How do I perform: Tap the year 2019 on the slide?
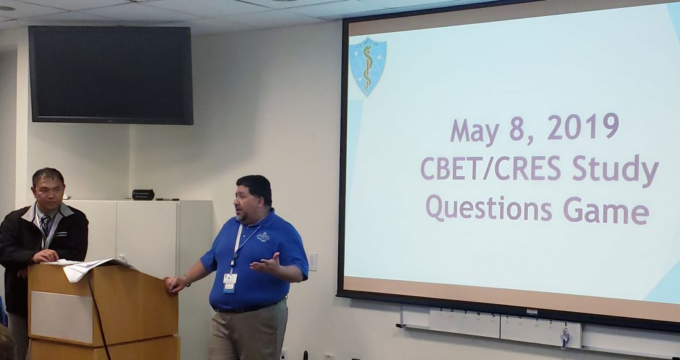583,127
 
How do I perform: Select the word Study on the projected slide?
616,170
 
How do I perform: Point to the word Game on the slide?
606,211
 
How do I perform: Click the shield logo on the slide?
368,66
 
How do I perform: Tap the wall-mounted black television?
111,75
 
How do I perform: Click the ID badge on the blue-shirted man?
229,283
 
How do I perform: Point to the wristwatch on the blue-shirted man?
188,280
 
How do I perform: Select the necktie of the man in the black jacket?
46,226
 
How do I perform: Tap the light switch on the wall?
312,262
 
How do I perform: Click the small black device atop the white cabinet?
143,195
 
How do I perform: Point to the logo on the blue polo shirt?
263,236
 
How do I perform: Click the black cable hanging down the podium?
99,317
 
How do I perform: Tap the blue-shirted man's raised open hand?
266,263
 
